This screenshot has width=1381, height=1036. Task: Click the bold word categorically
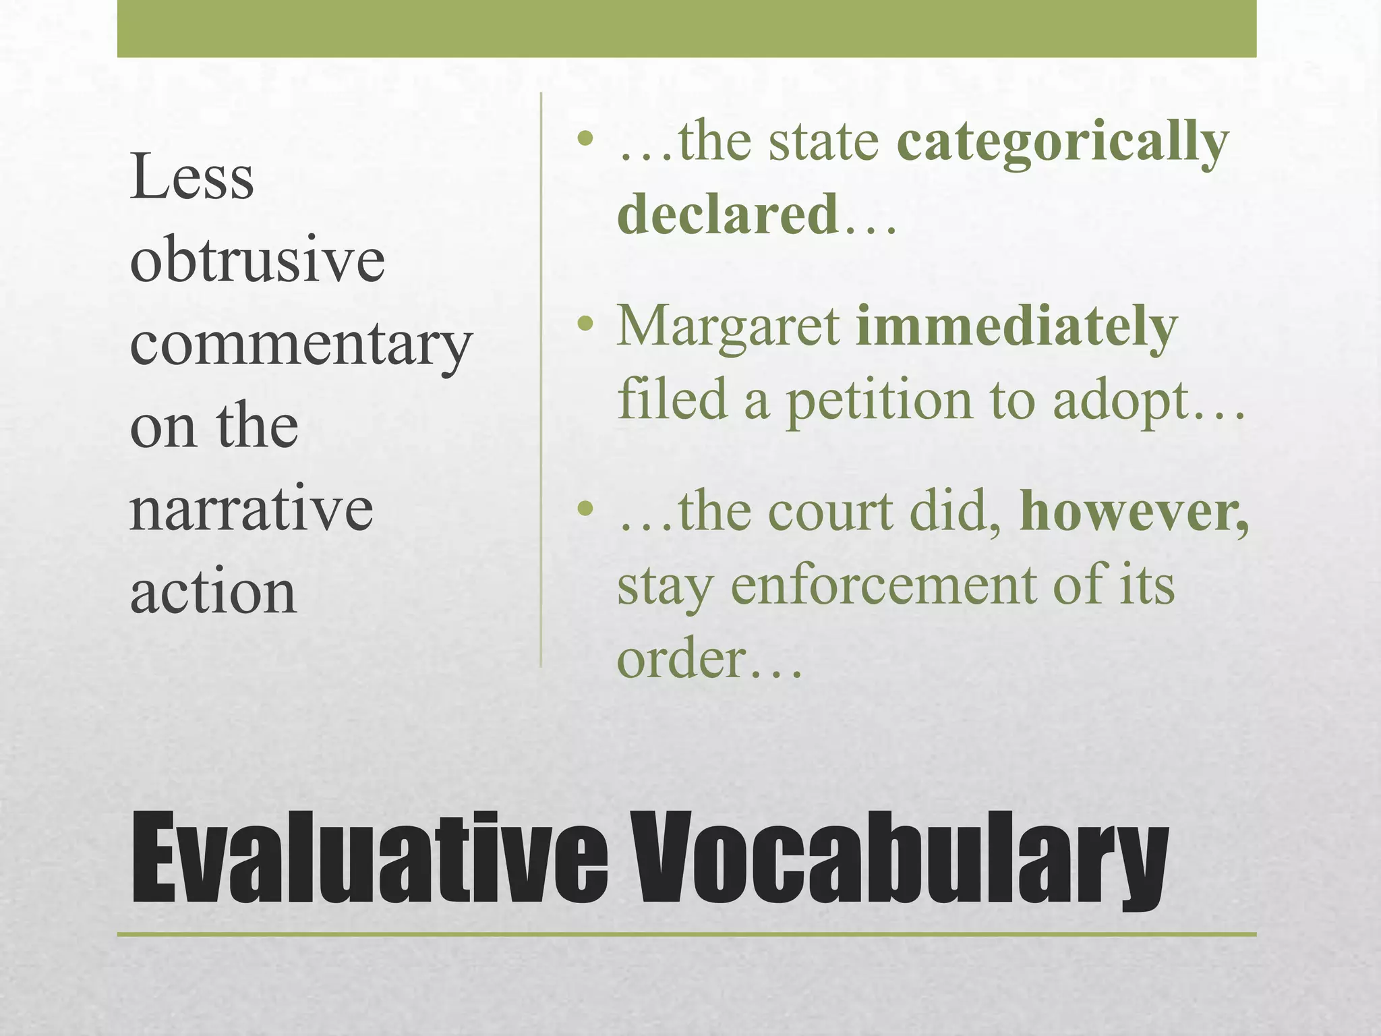pos(1063,143)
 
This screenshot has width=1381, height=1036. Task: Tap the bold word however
pos(1133,513)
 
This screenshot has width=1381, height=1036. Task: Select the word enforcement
pos(883,585)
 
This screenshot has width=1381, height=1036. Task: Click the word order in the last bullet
pos(682,659)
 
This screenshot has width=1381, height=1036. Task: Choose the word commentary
pos(301,344)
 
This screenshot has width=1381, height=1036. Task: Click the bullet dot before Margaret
pos(585,324)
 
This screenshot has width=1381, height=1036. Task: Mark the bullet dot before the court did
pos(585,508)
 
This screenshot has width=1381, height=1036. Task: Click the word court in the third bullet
pos(830,513)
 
